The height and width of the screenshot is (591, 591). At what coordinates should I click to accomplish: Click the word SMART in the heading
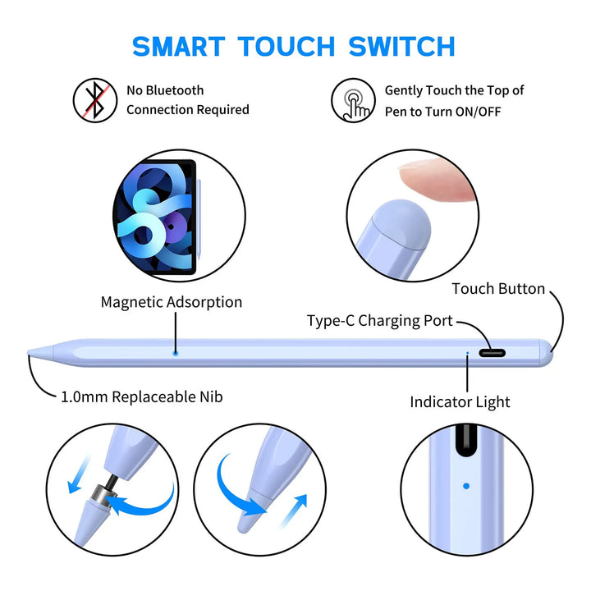179,46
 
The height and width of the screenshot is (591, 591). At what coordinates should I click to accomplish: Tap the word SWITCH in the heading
401,46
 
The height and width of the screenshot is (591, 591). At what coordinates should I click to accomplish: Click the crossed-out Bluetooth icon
95,100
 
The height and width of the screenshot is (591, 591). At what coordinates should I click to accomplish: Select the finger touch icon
353,100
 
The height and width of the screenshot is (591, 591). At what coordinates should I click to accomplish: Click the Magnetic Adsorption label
172,302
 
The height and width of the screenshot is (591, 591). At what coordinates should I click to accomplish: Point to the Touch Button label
498,289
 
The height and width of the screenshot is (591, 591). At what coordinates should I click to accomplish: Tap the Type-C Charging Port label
379,321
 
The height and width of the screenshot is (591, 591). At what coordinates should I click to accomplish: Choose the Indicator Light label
460,401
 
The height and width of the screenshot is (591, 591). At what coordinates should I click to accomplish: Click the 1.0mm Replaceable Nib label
142,397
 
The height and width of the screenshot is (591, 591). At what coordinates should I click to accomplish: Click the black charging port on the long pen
492,353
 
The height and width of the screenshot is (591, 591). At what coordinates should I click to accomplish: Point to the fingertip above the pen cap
438,179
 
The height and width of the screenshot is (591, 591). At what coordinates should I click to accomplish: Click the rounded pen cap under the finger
401,223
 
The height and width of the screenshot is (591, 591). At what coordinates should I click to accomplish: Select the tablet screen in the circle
154,217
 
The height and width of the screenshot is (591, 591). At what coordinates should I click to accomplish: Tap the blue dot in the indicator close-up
466,486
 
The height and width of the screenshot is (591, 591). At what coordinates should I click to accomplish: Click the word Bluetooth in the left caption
175,90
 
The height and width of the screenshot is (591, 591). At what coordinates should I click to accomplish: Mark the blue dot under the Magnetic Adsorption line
176,353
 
